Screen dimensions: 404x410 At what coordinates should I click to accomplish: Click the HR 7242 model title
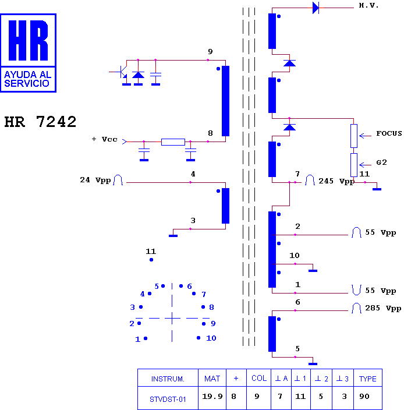coord(40,122)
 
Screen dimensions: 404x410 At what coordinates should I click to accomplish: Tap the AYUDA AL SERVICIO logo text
coord(28,79)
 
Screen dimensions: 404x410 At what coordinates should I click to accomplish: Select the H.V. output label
coord(368,5)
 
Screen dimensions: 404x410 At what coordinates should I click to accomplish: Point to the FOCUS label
coord(389,133)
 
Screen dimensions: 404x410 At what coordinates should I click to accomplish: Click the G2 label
coord(381,162)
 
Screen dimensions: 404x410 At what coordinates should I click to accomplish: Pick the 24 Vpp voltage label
coord(95,180)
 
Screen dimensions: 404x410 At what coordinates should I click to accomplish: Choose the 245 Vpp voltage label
coord(336,181)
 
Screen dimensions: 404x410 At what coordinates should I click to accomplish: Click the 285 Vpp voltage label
coord(383,308)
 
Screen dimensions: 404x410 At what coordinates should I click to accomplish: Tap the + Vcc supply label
coord(104,139)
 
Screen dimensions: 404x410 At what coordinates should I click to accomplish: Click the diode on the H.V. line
coord(316,8)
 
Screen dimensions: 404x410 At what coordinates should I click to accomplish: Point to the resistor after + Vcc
coord(173,142)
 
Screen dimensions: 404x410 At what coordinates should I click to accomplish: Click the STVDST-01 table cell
coord(168,400)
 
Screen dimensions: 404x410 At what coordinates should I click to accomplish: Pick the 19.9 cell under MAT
coord(212,397)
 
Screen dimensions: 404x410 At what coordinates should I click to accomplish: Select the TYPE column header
coord(368,379)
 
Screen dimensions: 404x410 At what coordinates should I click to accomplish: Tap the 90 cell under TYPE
coord(364,397)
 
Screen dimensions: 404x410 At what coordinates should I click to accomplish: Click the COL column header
coord(259,378)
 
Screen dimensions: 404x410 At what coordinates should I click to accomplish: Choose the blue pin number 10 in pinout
coord(211,338)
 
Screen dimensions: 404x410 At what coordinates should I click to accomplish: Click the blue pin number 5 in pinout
coord(157,287)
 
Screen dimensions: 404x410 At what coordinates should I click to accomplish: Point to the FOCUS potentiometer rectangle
coord(354,136)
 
